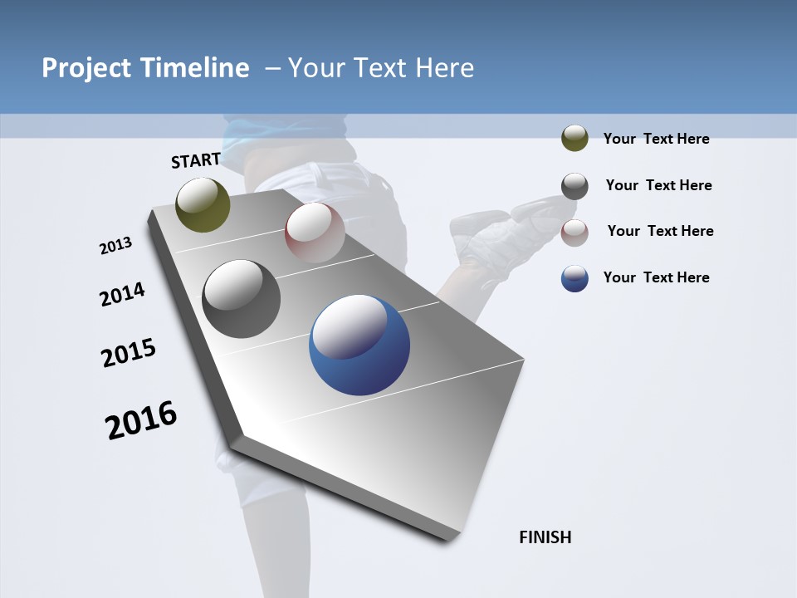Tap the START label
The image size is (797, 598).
click(x=196, y=160)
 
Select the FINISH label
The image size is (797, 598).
click(x=545, y=537)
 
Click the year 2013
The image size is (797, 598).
click(x=116, y=246)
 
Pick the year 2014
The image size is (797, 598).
click(x=122, y=295)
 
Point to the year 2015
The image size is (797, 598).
click(x=129, y=353)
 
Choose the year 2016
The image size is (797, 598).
click(x=141, y=420)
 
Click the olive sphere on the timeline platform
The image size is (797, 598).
click(x=203, y=204)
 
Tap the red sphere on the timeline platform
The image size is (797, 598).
click(x=315, y=233)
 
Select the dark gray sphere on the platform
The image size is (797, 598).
click(x=242, y=299)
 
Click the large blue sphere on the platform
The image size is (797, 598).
click(x=359, y=345)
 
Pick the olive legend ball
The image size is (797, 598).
click(x=575, y=139)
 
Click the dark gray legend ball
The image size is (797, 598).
click(x=575, y=186)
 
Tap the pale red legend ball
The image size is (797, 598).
click(x=575, y=233)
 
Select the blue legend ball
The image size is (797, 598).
click(x=575, y=278)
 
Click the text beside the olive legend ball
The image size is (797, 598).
click(x=656, y=139)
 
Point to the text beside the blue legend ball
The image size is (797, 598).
click(x=656, y=277)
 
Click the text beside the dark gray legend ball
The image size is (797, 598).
click(x=658, y=185)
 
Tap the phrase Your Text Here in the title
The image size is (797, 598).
click(x=381, y=68)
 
